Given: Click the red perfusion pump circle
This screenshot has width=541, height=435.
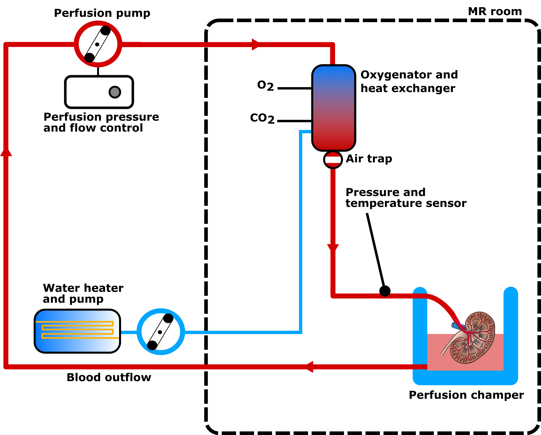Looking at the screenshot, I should pyautogui.click(x=98, y=44).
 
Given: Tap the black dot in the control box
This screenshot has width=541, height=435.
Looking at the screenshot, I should pyautogui.click(x=115, y=92).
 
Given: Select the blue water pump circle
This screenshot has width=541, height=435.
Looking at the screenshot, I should pyautogui.click(x=161, y=332).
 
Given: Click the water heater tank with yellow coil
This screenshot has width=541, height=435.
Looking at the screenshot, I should pyautogui.click(x=77, y=331).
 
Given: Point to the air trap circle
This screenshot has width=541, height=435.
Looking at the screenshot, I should pyautogui.click(x=333, y=160).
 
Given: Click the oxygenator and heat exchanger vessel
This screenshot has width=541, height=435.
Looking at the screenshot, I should pyautogui.click(x=333, y=108).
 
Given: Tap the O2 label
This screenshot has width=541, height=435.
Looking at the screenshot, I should pyautogui.click(x=265, y=86).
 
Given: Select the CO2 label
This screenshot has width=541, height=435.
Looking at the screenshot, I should pyautogui.click(x=262, y=118).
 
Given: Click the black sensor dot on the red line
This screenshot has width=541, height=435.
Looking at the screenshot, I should pyautogui.click(x=385, y=291).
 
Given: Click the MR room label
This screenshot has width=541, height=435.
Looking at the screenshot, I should pyautogui.click(x=495, y=11).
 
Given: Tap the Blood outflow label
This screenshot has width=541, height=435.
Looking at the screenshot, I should pyautogui.click(x=109, y=378).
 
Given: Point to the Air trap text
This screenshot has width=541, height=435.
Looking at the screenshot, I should pyautogui.click(x=369, y=159).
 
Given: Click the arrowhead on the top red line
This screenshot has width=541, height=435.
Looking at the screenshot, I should pyautogui.click(x=256, y=45).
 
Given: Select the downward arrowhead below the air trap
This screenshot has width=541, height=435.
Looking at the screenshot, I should pyautogui.click(x=333, y=247).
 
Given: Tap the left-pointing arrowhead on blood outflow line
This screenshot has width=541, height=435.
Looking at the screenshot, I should pyautogui.click(x=309, y=367).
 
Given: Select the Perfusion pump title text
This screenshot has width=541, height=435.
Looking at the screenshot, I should pyautogui.click(x=102, y=13).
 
